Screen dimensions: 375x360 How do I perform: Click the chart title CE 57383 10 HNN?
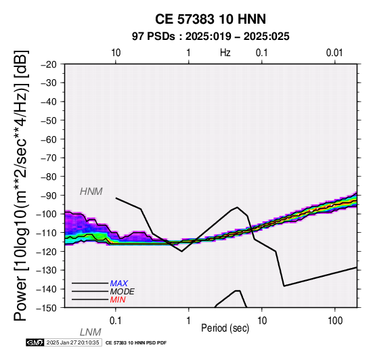(211, 19)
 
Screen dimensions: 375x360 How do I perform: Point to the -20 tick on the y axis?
(49, 64)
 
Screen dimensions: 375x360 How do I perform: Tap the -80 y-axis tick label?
(49, 177)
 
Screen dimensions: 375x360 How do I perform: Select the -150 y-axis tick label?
(47, 308)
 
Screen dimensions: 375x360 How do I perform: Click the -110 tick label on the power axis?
(47, 233)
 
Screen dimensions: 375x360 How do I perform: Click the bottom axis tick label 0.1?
(115, 321)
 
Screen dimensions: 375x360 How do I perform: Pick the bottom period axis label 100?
(335, 321)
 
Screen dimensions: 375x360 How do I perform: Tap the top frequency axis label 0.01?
(334, 53)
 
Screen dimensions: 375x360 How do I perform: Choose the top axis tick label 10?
(116, 53)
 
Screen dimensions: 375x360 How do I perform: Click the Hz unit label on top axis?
(225, 53)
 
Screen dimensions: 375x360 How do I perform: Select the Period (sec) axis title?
(225, 328)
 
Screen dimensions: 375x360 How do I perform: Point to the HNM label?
(91, 192)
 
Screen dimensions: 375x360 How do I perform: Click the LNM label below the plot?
(91, 332)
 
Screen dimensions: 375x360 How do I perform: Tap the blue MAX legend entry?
(119, 284)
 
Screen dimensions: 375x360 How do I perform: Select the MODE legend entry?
(123, 292)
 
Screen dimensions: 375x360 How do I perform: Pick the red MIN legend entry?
(118, 300)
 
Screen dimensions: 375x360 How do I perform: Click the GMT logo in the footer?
(35, 343)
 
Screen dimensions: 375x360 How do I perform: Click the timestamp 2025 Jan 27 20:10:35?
(72, 343)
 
